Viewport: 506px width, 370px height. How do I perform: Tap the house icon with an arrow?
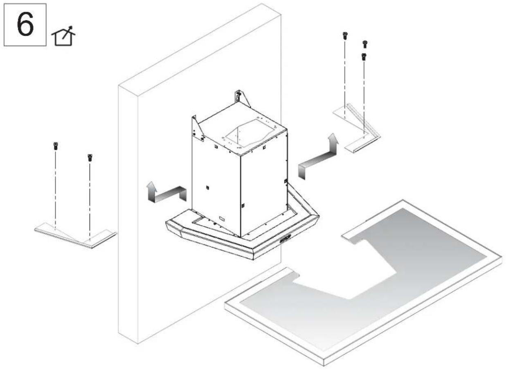(63, 36)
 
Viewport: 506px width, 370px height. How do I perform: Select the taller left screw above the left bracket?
(56, 146)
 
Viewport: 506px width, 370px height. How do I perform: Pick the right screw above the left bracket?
(90, 158)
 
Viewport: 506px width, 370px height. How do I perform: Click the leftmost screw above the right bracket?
(345, 36)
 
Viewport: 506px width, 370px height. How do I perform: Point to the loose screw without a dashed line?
(365, 44)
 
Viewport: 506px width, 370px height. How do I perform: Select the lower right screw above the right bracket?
(364, 57)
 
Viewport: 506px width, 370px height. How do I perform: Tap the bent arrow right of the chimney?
(319, 157)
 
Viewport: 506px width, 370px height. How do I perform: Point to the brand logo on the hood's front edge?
(285, 239)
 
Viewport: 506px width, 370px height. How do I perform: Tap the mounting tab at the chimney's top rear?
(242, 98)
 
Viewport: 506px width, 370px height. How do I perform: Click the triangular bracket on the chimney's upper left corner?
(197, 129)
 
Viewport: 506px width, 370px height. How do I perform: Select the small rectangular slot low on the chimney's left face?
(222, 219)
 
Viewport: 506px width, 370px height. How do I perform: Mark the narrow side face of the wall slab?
(128, 215)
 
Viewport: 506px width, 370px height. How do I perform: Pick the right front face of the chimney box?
(264, 183)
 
